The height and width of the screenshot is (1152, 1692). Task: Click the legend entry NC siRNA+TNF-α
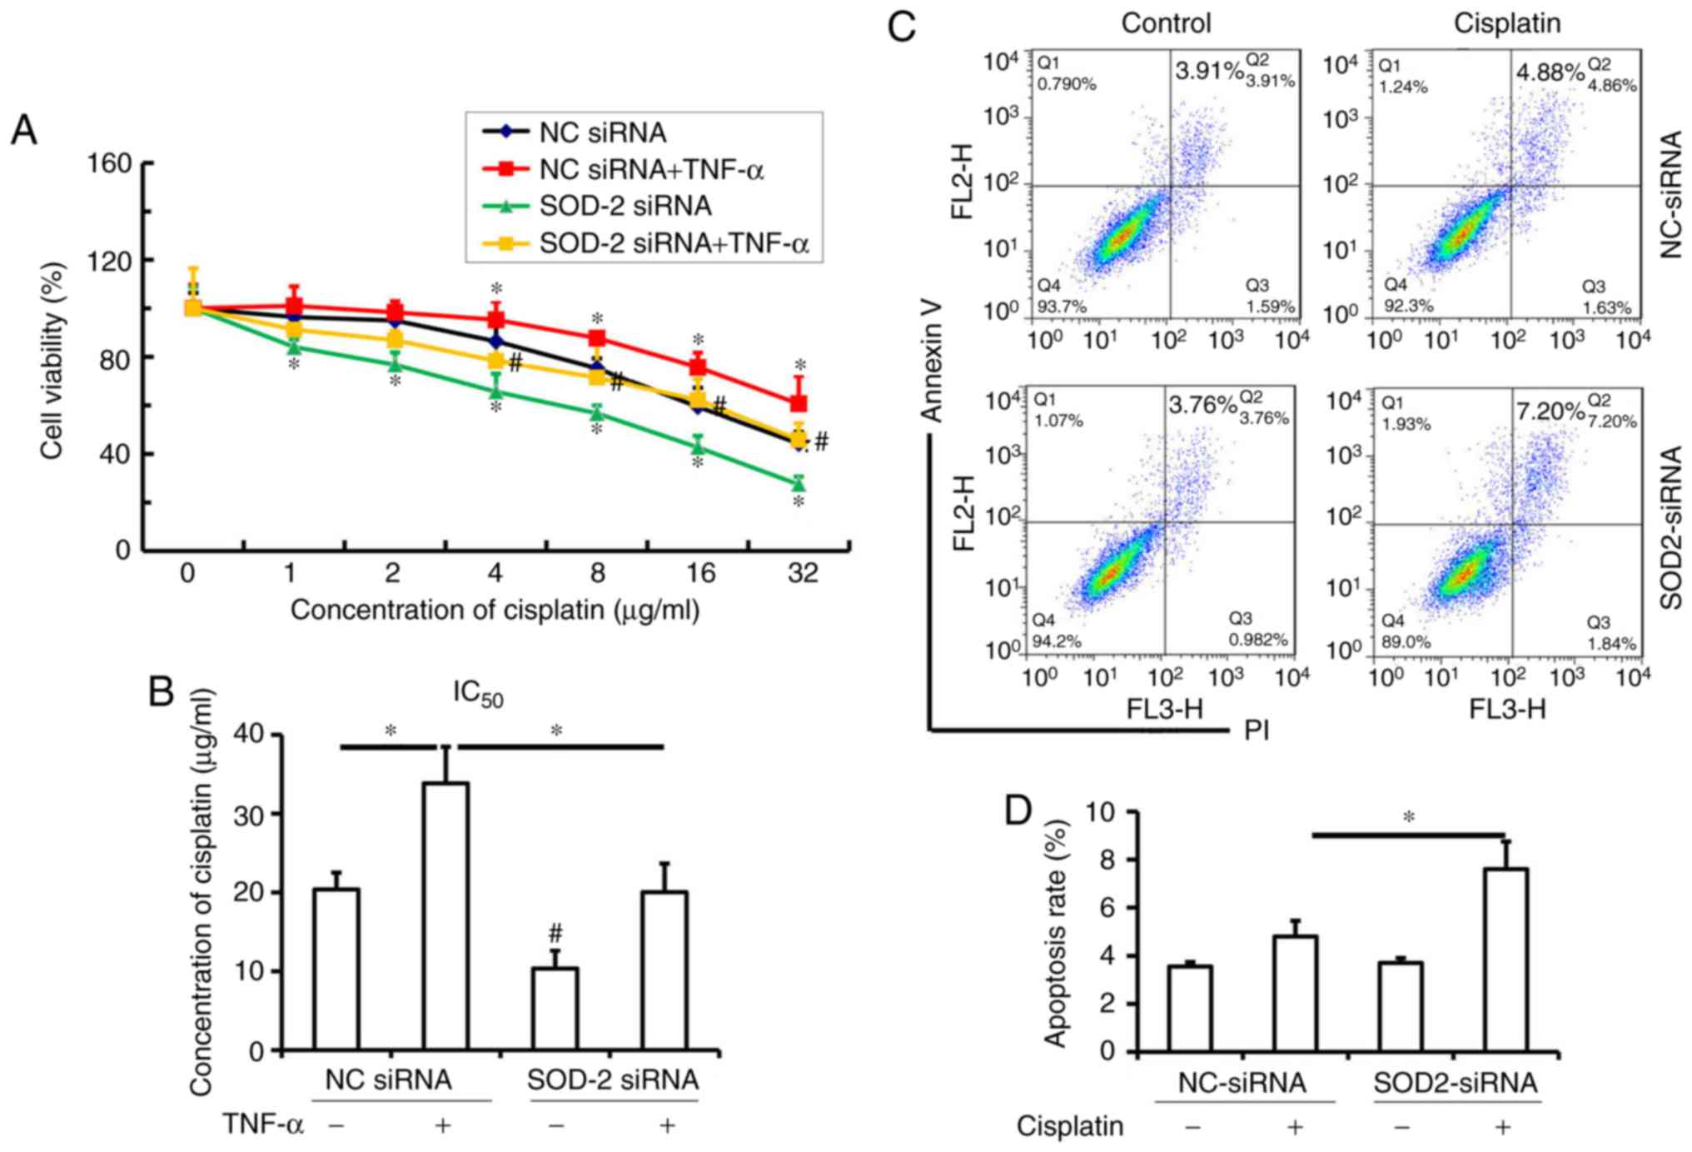click(650, 170)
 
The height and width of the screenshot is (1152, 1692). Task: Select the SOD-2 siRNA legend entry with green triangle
click(625, 206)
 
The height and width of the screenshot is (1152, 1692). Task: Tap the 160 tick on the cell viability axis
click(111, 163)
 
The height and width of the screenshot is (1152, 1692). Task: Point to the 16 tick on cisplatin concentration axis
click(700, 573)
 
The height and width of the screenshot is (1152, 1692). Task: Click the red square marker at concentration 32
click(799, 403)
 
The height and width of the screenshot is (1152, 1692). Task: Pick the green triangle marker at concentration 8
click(597, 411)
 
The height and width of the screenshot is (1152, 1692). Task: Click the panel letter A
click(23, 131)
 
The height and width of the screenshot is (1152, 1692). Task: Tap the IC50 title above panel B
click(478, 694)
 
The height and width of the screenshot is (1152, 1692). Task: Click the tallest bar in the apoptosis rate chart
click(1505, 958)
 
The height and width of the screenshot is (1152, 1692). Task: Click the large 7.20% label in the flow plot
click(1550, 411)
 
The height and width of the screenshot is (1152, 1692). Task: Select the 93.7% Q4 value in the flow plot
click(1061, 307)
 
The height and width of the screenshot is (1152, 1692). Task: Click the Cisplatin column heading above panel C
click(1506, 23)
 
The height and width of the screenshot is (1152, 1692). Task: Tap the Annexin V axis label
click(932, 361)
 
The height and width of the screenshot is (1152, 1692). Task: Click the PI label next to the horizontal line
click(1257, 731)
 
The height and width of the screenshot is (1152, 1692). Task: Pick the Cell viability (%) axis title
click(52, 360)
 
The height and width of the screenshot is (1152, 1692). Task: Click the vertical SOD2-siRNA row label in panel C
click(1670, 527)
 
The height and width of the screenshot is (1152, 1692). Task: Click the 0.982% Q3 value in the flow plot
click(1257, 639)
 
